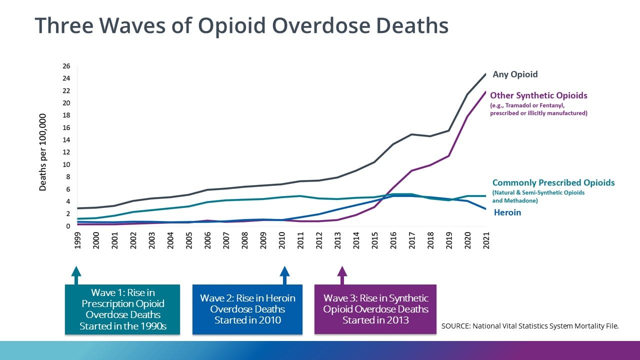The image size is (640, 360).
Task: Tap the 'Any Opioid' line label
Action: click(515, 74)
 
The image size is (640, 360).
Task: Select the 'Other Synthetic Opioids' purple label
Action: click(538, 95)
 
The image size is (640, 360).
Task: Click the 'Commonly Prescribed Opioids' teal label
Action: click(553, 182)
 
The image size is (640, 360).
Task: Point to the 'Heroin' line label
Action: click(507, 212)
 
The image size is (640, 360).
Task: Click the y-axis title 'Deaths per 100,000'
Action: click(43, 152)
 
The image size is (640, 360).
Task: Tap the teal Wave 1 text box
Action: click(122, 309)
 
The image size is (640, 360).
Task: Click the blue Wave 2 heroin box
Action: click(247, 309)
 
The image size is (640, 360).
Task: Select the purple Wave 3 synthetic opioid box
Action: click(375, 309)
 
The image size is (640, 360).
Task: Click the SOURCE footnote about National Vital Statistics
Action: click(530, 326)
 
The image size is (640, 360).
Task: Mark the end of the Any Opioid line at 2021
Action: click(485, 74)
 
